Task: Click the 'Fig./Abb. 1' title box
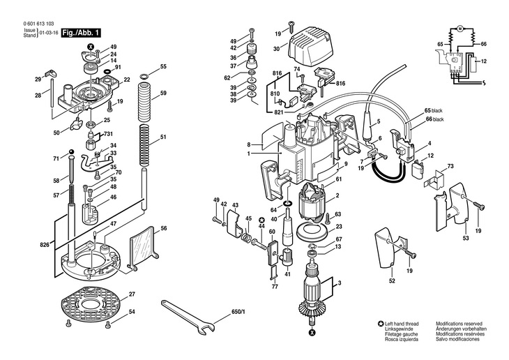[81, 33]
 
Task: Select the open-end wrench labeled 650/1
[188, 317]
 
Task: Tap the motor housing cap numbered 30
[310, 48]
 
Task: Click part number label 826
[45, 245]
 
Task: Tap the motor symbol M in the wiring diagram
[459, 29]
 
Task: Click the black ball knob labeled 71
[71, 152]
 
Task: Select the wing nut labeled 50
[77, 123]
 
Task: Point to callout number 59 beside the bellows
[163, 93]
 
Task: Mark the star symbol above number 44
[262, 219]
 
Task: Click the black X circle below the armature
[312, 332]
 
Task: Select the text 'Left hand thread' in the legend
[402, 324]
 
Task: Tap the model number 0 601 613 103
[38, 24]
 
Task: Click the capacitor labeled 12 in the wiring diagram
[474, 66]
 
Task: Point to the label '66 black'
[434, 119]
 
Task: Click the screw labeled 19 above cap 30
[291, 27]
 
